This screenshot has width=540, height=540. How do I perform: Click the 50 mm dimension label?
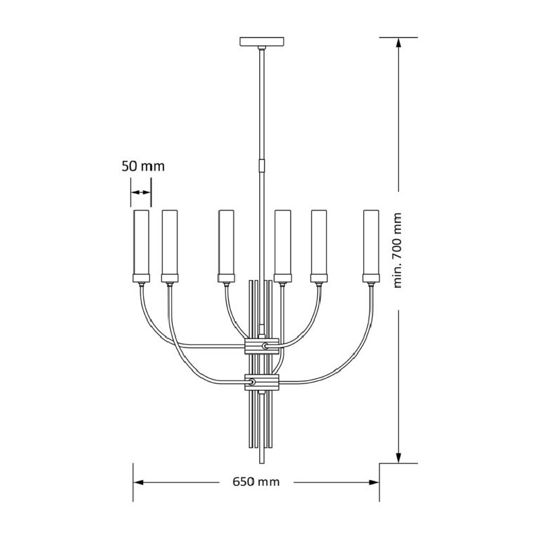coord(143,166)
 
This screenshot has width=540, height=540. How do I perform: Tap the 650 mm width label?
coord(256,481)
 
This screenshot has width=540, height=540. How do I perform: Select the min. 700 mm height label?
coord(398,250)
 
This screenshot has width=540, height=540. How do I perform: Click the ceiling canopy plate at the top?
coord(262,41)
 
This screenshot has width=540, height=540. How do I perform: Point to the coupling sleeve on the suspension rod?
coord(262,165)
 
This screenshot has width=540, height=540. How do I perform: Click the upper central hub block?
coord(261,346)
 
